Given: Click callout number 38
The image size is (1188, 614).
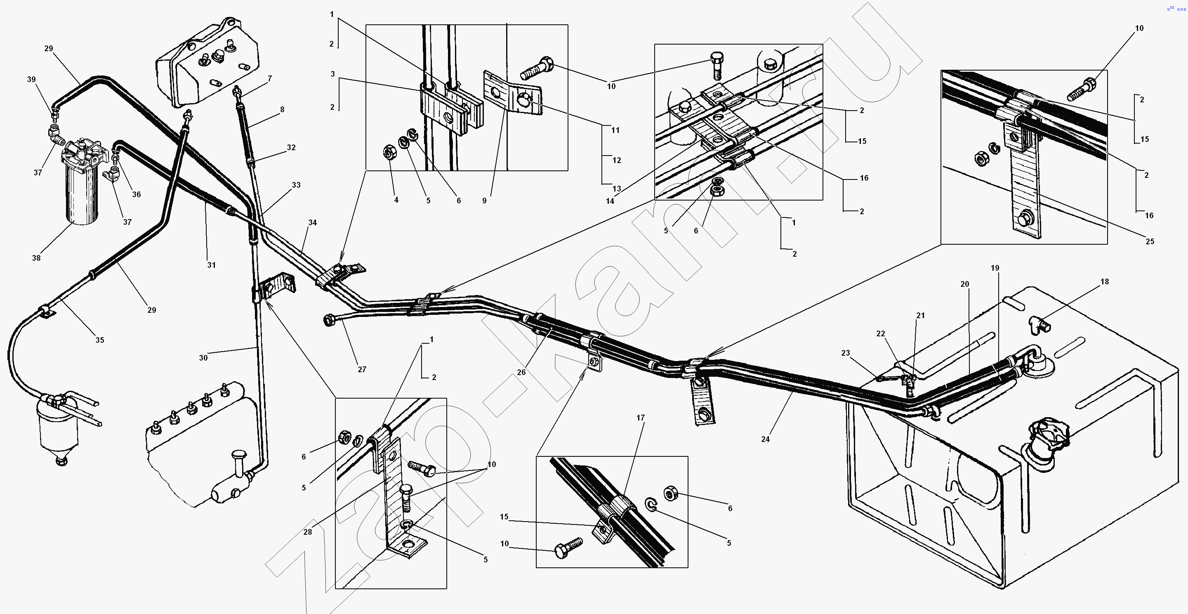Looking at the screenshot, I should coord(36,258).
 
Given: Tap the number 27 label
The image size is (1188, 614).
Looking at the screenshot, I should coord(362,369).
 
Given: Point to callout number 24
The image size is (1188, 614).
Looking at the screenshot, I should coord(766,439).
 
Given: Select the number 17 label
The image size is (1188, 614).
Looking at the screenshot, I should coord(641,418).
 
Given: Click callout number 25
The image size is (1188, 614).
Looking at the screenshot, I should coord(1150,241).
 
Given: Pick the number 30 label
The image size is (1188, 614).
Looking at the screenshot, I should coord(203,357).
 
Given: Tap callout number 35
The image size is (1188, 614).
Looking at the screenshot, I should coord(99,340).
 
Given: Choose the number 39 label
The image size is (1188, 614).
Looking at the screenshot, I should coord(31,79).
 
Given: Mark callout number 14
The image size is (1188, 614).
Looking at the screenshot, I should coord(610,201).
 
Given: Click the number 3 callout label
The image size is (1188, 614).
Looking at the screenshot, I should coord(332,74).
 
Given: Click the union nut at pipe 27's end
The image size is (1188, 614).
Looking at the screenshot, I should coord(330,320).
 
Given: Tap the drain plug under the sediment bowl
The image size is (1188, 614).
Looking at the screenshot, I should coord(60,461).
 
